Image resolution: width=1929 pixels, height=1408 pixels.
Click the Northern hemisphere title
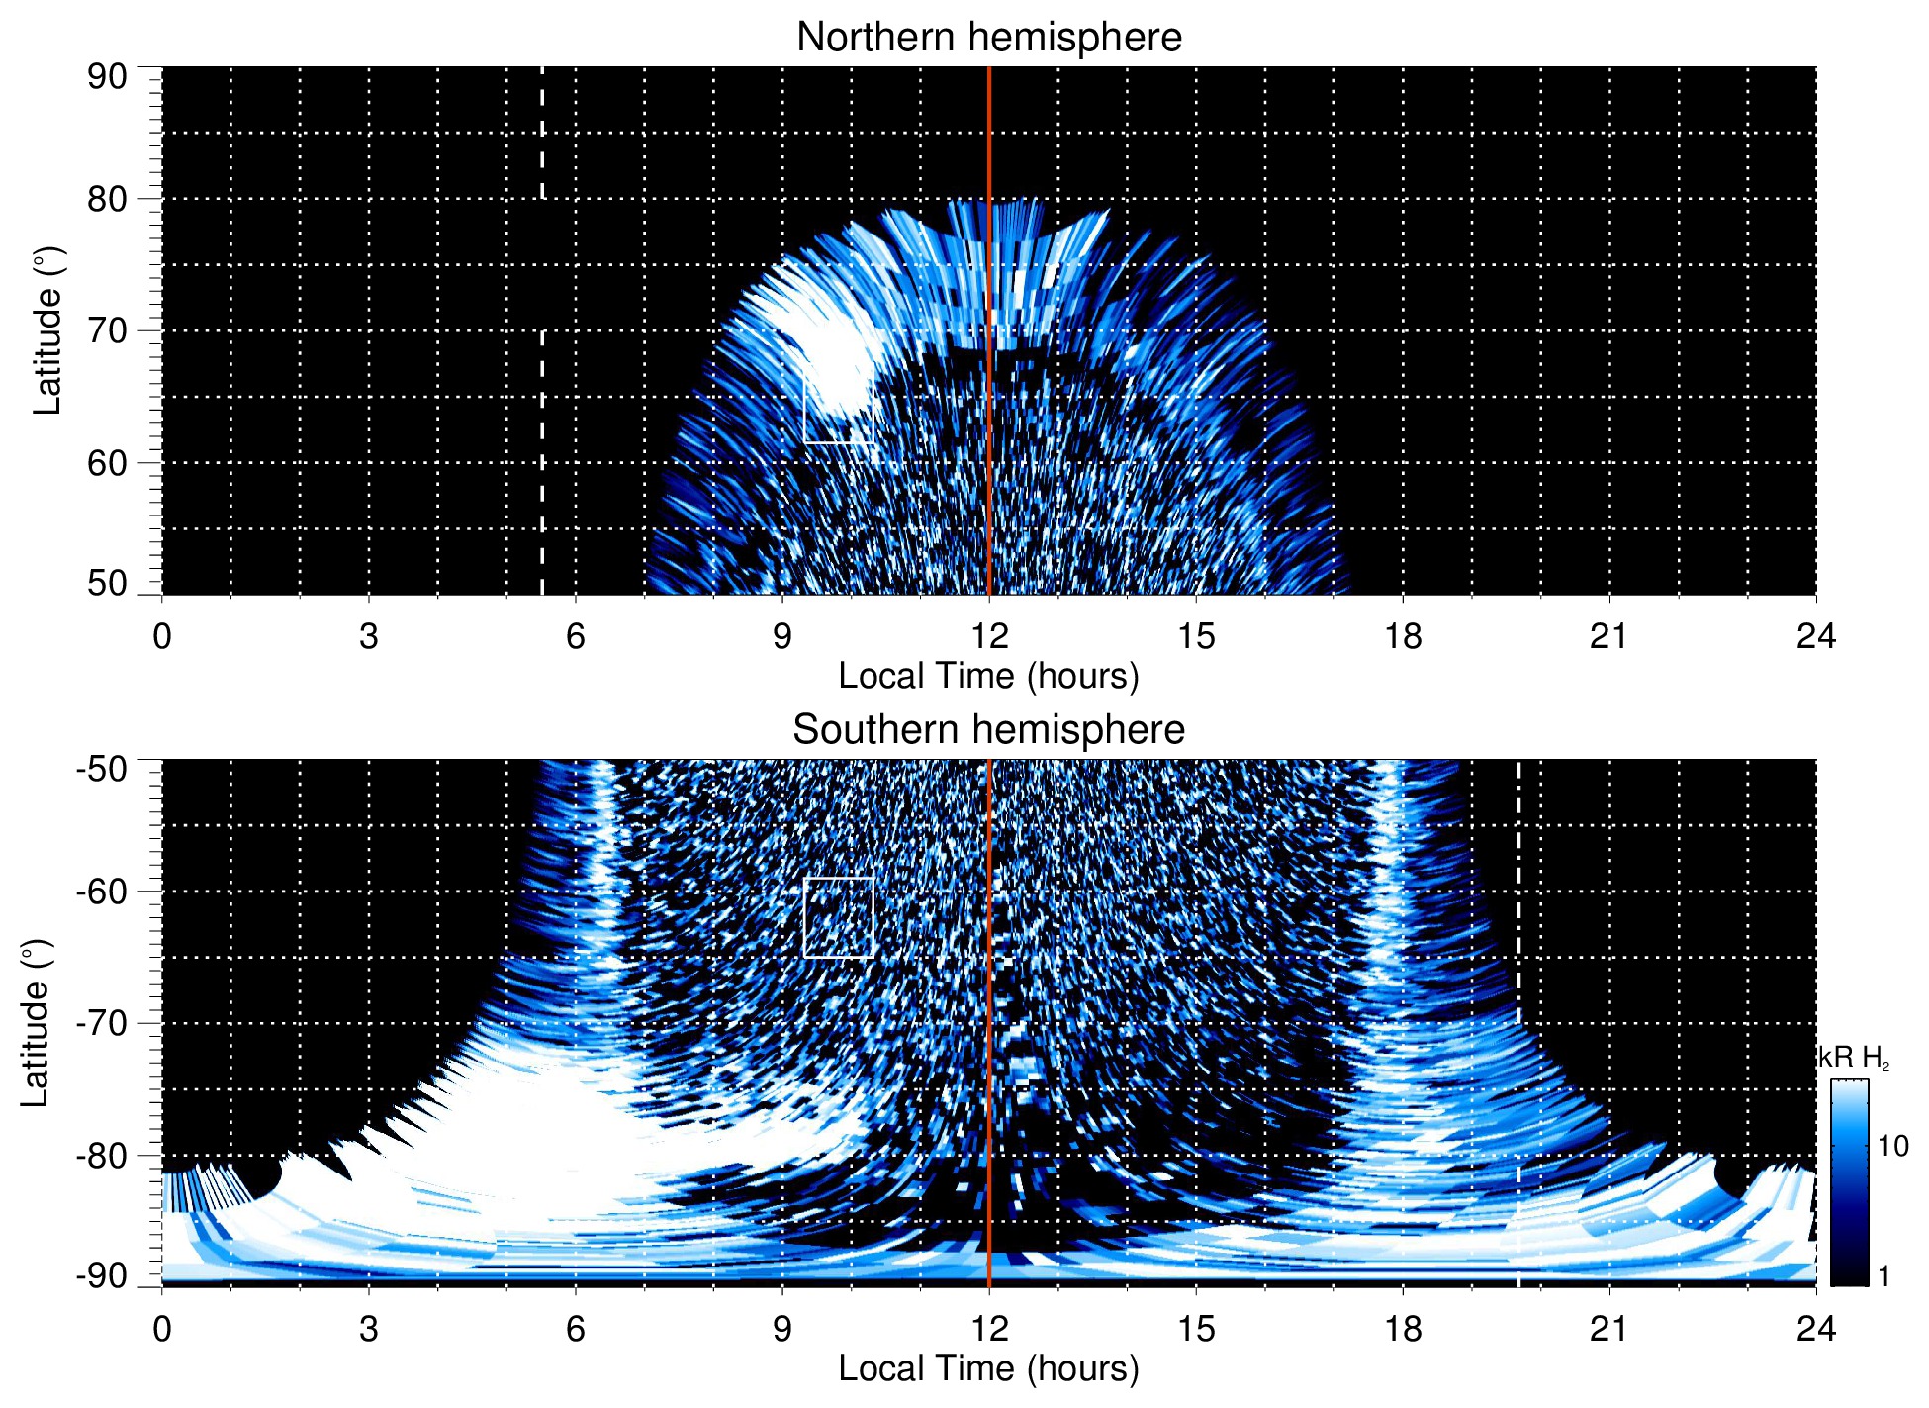(988, 38)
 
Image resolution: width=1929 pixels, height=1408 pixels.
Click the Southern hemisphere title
(988, 730)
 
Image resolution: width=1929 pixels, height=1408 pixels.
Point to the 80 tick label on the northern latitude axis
(107, 199)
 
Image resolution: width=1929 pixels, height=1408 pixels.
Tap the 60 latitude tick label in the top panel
(107, 463)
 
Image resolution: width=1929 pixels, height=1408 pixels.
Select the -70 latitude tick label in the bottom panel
(101, 1023)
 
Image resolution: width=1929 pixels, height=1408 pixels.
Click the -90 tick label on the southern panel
(101, 1275)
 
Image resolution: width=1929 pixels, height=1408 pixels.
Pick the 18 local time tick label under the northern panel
(1402, 636)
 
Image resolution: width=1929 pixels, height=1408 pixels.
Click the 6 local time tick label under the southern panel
(575, 1329)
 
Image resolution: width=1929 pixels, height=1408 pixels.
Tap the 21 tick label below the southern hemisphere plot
(1608, 1329)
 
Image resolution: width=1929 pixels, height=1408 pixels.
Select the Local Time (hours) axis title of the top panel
(988, 676)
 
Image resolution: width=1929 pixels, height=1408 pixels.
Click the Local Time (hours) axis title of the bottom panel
(988, 1368)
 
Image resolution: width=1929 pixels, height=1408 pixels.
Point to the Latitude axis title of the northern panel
(46, 330)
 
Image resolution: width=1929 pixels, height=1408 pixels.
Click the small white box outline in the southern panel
(839, 879)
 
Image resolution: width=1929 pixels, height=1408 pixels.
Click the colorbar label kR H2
(1853, 1058)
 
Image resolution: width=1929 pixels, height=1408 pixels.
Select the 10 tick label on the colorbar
(1892, 1146)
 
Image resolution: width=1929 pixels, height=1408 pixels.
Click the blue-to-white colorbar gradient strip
(1849, 1182)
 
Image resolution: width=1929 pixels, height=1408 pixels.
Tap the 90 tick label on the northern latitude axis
(107, 77)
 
